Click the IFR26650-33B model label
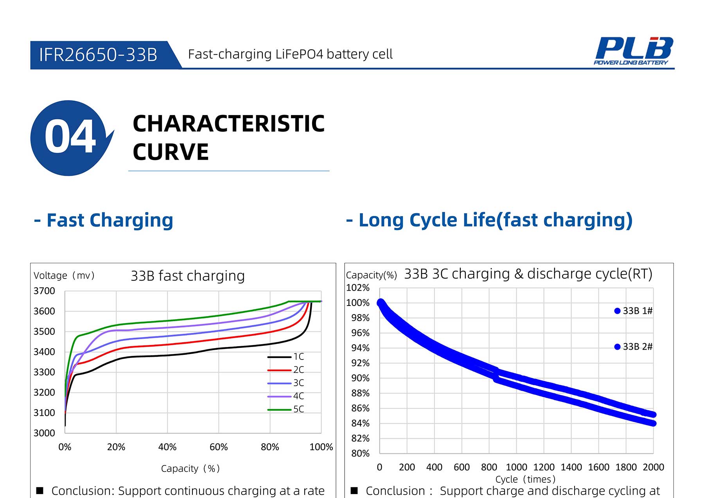pyautogui.click(x=98, y=55)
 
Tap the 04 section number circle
pyautogui.click(x=69, y=137)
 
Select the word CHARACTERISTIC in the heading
pyautogui.click(x=229, y=124)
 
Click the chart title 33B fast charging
pyautogui.click(x=188, y=276)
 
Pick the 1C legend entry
pyautogui.click(x=286, y=357)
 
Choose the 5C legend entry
pyautogui.click(x=286, y=409)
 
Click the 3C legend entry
pyautogui.click(x=286, y=383)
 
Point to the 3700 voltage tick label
pyautogui.click(x=44, y=291)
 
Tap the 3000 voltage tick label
pyautogui.click(x=44, y=433)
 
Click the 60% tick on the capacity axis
pyautogui.click(x=219, y=447)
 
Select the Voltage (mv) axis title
pyautogui.click(x=64, y=276)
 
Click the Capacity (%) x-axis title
pyautogui.click(x=190, y=469)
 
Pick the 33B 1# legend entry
pyautogui.click(x=634, y=311)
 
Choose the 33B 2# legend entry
pyautogui.click(x=634, y=347)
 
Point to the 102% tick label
pyautogui.click(x=358, y=288)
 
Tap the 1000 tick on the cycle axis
pyautogui.click(x=516, y=467)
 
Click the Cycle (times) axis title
pyautogui.click(x=525, y=479)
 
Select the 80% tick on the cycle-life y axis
pyautogui.click(x=360, y=453)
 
